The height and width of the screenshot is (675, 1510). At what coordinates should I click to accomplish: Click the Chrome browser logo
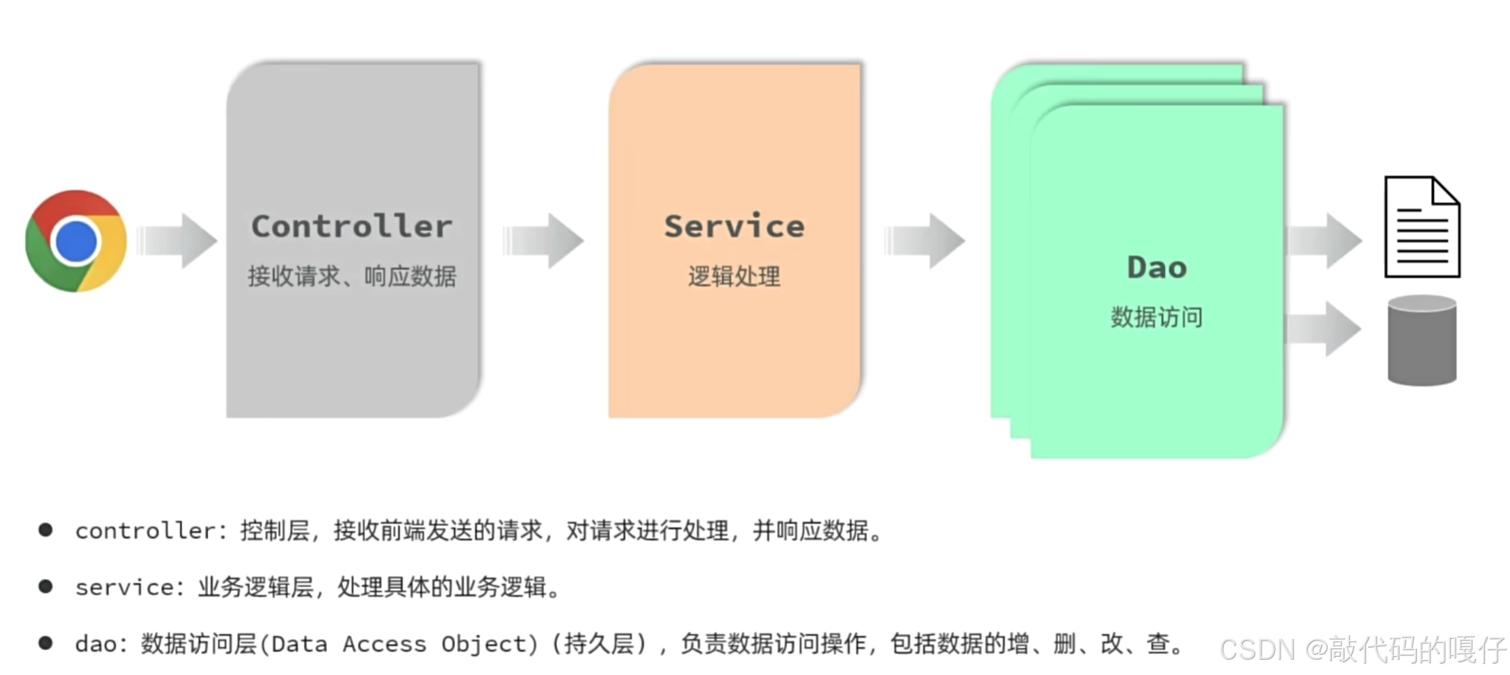pyautogui.click(x=76, y=241)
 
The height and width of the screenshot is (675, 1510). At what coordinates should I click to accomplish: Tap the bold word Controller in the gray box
pyautogui.click(x=352, y=227)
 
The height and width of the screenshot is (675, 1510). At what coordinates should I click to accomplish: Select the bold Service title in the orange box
pyautogui.click(x=734, y=227)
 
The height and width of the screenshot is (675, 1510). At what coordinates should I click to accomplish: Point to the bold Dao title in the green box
pyautogui.click(x=1157, y=268)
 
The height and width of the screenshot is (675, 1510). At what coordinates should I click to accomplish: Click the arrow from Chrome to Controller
pyautogui.click(x=178, y=241)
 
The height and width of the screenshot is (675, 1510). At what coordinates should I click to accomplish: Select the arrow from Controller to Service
pyautogui.click(x=544, y=241)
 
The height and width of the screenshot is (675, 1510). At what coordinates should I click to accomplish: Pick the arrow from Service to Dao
pyautogui.click(x=926, y=241)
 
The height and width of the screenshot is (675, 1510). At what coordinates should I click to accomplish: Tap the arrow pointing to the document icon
pyautogui.click(x=1325, y=241)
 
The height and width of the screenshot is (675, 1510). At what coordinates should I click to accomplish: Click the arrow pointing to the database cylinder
pyautogui.click(x=1325, y=329)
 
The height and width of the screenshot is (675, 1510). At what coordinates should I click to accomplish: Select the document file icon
pyautogui.click(x=1422, y=227)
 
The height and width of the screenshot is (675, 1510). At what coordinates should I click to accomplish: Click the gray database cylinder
pyautogui.click(x=1422, y=340)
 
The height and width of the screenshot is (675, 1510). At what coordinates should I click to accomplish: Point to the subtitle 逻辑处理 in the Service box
pyautogui.click(x=734, y=277)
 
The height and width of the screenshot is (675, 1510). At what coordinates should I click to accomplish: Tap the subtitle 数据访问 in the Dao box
pyautogui.click(x=1157, y=318)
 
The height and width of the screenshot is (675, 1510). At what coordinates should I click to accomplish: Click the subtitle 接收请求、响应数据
pyautogui.click(x=352, y=277)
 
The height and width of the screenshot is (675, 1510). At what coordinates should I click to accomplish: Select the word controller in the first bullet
pyautogui.click(x=145, y=532)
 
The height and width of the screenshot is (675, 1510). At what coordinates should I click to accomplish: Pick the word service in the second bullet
pyautogui.click(x=125, y=588)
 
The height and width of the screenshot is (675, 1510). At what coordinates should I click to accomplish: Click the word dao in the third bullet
pyautogui.click(x=96, y=644)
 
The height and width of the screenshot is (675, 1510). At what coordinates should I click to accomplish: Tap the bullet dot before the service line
pyautogui.click(x=46, y=587)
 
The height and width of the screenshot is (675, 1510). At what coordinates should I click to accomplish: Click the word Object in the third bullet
pyautogui.click(x=485, y=644)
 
